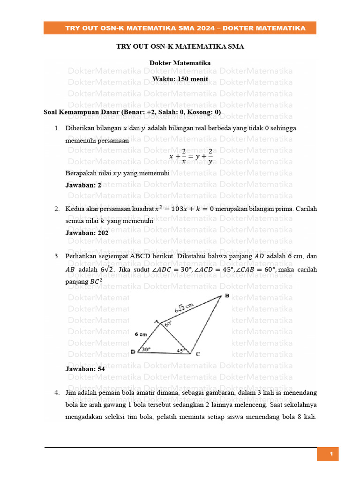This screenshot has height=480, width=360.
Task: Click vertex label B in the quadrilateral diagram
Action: [227, 295]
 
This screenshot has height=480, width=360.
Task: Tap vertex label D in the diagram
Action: [133, 352]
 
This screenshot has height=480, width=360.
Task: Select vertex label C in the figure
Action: [197, 354]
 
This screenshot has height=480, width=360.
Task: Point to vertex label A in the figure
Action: [157, 322]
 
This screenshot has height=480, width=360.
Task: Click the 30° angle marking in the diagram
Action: [146, 349]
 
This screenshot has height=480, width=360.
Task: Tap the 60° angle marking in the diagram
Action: [168, 323]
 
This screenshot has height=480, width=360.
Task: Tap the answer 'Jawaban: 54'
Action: [85, 369]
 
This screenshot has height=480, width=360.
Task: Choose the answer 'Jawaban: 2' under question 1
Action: [83, 185]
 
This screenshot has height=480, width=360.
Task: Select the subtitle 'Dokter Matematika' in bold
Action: [180, 63]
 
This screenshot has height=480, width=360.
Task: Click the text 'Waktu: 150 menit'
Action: [180, 79]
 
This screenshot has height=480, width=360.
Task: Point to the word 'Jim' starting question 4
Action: [71, 392]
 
